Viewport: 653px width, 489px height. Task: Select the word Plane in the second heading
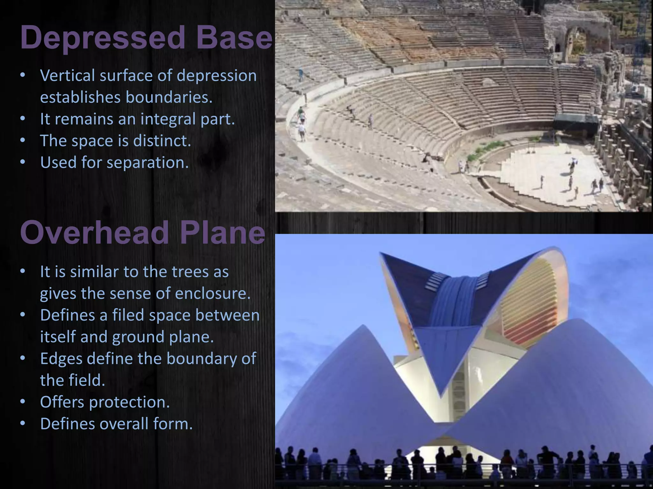click(222, 233)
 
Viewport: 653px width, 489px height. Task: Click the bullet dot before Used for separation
click(22, 162)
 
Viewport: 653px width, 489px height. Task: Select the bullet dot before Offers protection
click(22, 402)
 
